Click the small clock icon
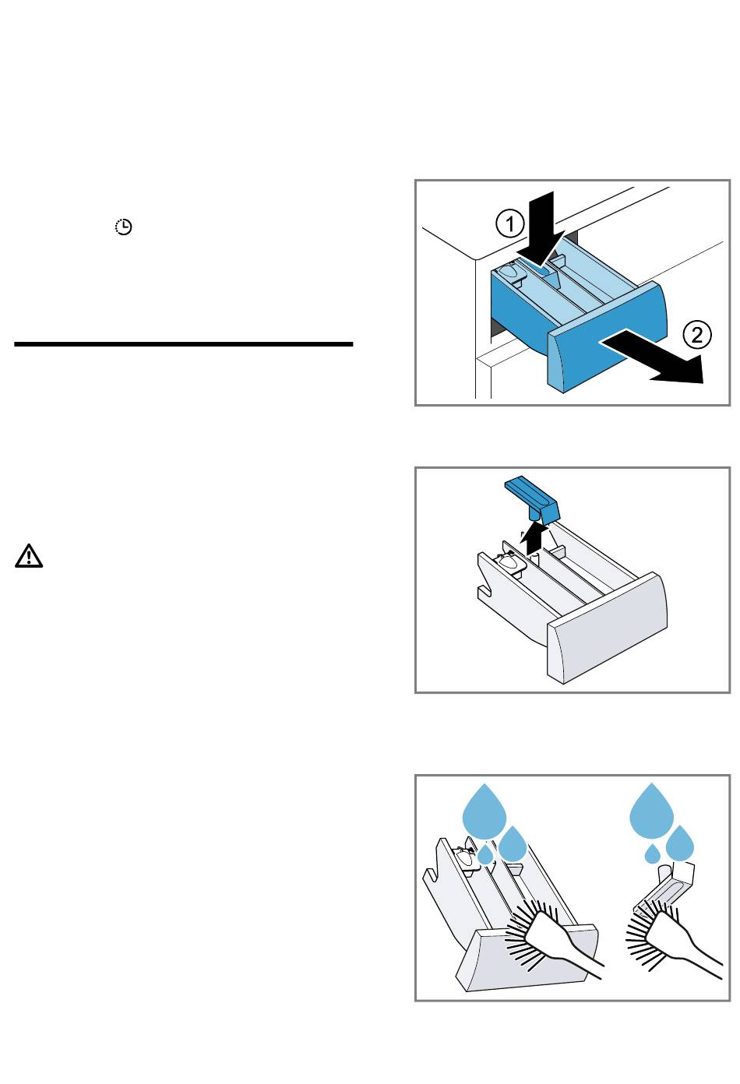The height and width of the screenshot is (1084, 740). click(124, 227)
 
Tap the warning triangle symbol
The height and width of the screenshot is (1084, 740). click(28, 556)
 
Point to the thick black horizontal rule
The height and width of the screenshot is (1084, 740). click(183, 343)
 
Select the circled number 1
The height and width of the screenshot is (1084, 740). click(510, 225)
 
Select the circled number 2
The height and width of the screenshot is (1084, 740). click(697, 335)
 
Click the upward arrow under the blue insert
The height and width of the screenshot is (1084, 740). click(534, 537)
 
